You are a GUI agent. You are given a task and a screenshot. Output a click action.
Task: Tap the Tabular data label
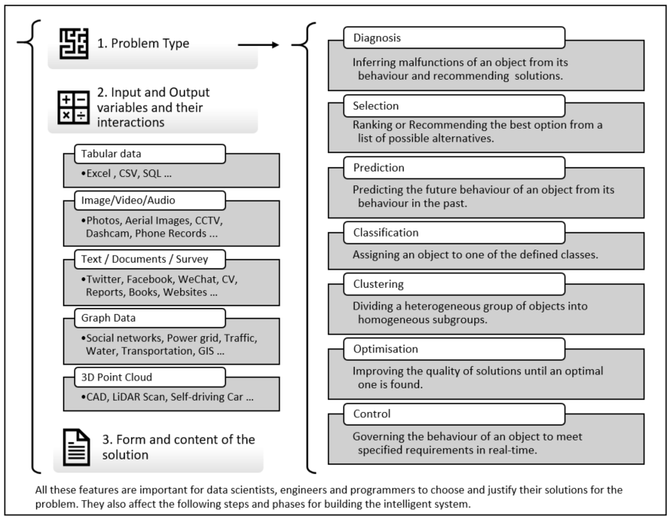pos(149,154)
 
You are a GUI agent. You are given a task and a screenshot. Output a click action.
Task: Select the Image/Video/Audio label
pos(149,201)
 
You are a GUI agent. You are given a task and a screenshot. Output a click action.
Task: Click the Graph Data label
pos(149,318)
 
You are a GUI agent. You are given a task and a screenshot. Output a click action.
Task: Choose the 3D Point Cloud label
pos(149,377)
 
